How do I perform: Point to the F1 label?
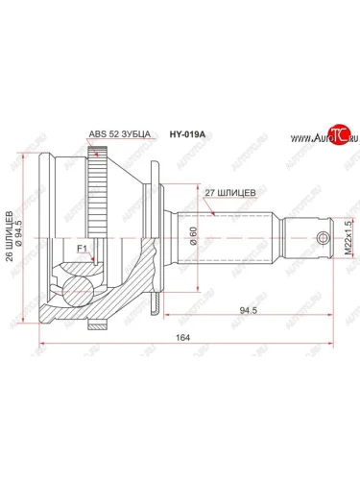(x=84, y=252)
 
